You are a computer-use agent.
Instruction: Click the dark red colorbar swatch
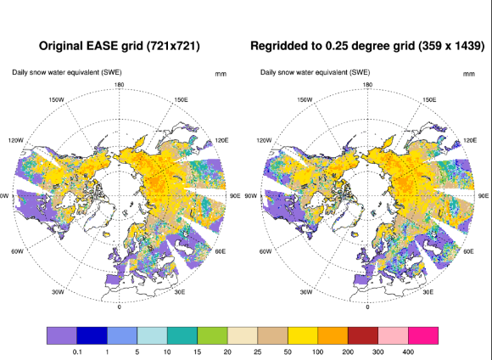tap(363, 335)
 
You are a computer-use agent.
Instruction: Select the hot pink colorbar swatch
tap(423, 335)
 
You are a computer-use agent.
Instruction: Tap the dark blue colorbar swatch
tap(92, 335)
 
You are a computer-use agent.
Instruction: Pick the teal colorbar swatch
tap(182, 335)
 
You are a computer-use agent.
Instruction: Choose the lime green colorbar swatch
tap(212, 335)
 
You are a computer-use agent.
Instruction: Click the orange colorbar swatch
tap(333, 335)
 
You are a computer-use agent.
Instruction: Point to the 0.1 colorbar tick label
tap(77, 352)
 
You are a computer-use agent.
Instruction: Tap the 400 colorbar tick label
tap(408, 352)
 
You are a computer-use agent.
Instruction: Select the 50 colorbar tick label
tap(288, 352)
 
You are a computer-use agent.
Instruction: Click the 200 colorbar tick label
tap(348, 352)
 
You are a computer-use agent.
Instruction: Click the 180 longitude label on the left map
tap(120, 85)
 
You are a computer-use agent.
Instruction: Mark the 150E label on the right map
tap(429, 99)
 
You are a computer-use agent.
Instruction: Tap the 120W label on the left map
tap(15, 140)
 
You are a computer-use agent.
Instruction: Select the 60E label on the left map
tap(221, 251)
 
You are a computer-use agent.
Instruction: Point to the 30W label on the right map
tap(306, 292)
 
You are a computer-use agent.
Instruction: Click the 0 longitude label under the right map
tap(367, 307)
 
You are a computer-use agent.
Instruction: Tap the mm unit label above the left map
tap(221, 74)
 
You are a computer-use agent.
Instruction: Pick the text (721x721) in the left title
tap(173, 46)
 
